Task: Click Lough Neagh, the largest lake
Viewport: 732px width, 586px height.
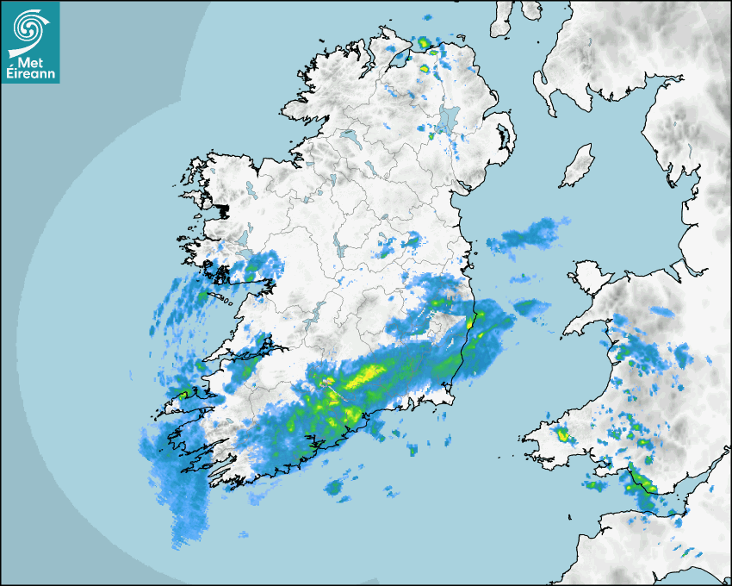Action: point(447,120)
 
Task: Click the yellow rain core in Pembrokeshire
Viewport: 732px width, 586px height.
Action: point(563,434)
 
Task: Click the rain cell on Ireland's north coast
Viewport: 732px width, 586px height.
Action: point(424,43)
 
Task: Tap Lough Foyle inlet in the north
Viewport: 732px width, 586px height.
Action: point(398,60)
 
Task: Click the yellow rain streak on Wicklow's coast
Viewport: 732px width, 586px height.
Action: point(471,322)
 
